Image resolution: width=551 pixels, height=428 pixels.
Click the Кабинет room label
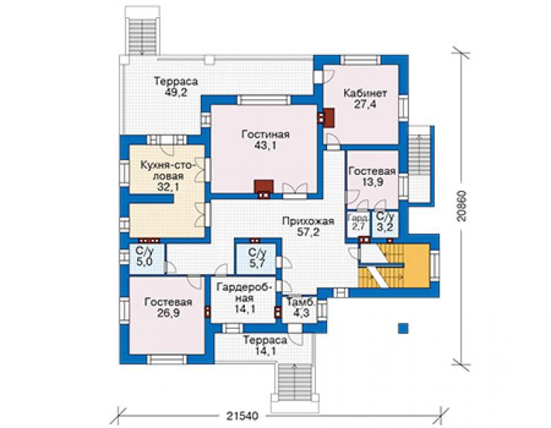click(x=365, y=99)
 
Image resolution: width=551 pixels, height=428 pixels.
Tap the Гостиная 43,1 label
click(x=266, y=139)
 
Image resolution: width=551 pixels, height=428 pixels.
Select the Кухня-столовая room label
click(x=168, y=176)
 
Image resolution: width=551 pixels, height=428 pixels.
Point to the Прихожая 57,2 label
click(x=308, y=226)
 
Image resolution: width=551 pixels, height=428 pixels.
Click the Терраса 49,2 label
click(x=176, y=87)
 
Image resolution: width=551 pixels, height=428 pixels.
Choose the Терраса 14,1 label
click(x=265, y=345)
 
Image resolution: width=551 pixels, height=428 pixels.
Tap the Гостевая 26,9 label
click(x=168, y=307)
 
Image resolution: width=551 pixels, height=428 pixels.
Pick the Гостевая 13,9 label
click(x=372, y=176)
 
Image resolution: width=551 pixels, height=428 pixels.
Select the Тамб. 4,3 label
click(x=302, y=307)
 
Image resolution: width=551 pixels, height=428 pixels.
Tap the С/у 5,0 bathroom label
click(x=144, y=258)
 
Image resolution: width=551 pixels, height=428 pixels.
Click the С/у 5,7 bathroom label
click(x=257, y=258)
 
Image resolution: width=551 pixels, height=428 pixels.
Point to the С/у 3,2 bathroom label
click(x=385, y=222)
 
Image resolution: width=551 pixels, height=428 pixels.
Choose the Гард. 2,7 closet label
click(x=358, y=222)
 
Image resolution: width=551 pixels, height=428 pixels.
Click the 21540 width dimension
click(x=242, y=416)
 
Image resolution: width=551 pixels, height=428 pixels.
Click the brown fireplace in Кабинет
click(x=328, y=118)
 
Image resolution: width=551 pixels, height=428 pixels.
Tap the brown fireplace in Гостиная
click(x=264, y=187)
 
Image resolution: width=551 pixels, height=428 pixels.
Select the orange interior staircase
click(x=395, y=266)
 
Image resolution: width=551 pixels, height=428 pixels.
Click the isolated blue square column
click(x=404, y=328)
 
